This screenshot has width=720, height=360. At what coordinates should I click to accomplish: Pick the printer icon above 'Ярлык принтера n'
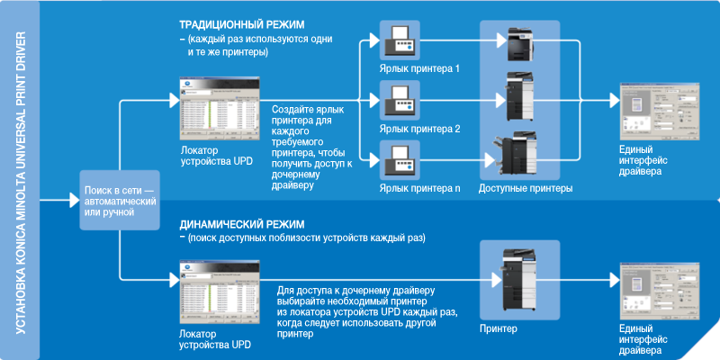click(x=399, y=159)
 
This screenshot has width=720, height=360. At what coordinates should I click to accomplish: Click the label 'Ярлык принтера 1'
click(x=419, y=69)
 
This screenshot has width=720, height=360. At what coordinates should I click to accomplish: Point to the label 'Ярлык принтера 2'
click(x=419, y=129)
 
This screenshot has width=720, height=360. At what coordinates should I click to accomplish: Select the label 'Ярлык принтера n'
click(x=419, y=188)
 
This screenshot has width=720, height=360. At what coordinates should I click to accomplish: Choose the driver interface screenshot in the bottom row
click(x=653, y=292)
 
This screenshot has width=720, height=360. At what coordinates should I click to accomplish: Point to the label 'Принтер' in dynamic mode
click(x=499, y=329)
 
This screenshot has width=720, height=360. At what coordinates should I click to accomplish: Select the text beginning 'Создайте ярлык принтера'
click(x=312, y=147)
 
